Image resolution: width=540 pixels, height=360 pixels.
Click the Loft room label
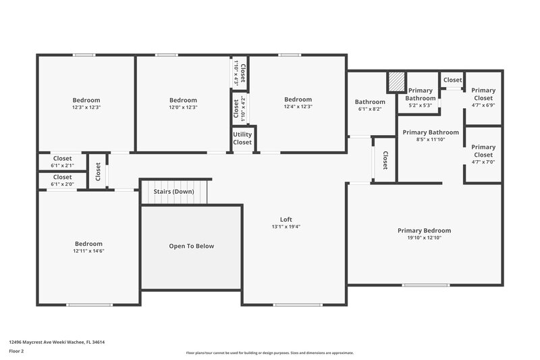tap(286, 219)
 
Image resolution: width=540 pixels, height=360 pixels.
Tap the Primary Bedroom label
tap(424, 230)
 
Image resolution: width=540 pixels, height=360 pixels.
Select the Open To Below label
tap(191, 246)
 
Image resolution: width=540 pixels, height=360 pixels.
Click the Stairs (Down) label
tap(173, 192)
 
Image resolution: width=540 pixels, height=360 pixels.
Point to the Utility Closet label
tap(242, 138)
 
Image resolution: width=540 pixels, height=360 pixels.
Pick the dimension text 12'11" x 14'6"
tap(88, 251)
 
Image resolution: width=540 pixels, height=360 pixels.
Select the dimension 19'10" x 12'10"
tap(424, 238)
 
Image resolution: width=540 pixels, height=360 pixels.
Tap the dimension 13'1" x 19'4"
tap(286, 226)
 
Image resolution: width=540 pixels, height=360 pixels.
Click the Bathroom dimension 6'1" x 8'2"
tap(369, 109)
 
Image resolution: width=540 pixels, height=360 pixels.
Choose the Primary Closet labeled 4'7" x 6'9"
tap(483, 94)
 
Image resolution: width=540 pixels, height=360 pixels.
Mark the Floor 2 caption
tap(17, 351)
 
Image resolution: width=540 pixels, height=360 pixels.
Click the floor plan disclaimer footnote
tap(269, 353)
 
